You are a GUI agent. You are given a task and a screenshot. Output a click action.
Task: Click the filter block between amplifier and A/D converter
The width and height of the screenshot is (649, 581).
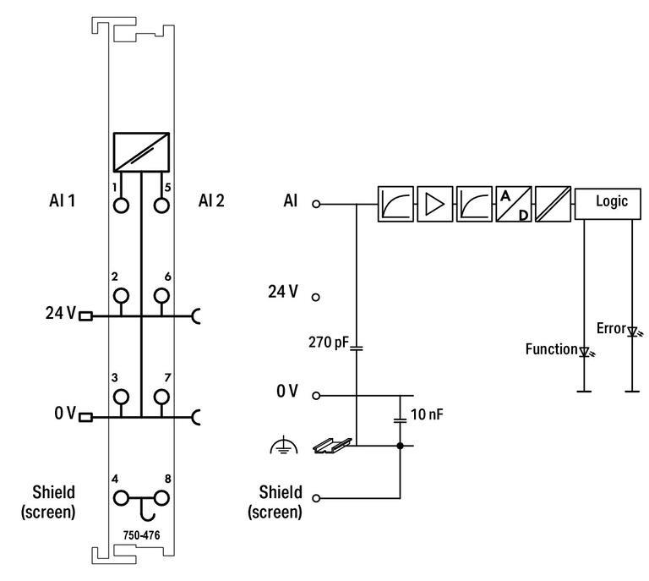tap(474, 204)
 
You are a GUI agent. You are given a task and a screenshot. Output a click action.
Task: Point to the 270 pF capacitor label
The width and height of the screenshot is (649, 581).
tap(330, 344)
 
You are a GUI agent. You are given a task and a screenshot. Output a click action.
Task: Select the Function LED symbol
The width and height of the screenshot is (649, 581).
tap(583, 349)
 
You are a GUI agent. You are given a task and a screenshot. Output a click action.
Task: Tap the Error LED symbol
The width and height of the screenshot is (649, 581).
tap(630, 331)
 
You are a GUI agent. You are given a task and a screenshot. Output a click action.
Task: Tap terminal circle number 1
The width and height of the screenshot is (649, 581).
tap(121, 205)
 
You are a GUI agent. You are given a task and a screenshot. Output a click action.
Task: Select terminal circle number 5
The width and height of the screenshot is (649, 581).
tap(161, 205)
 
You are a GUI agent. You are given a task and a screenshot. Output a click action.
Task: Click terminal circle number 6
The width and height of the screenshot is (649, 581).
tap(161, 295)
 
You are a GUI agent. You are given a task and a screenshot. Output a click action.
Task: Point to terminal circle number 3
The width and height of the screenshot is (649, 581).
tap(121, 397)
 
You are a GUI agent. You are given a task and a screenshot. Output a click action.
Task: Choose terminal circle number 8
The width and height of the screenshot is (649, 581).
tap(161, 498)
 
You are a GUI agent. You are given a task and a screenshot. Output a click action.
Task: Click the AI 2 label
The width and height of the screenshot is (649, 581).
tap(212, 201)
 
